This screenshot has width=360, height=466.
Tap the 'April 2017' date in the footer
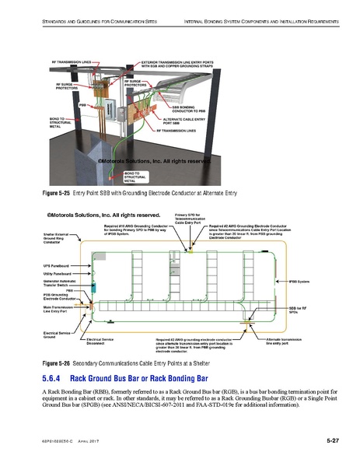pyautogui.click(x=91, y=442)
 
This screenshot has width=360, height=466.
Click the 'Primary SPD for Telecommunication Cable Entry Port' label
pyautogui.click(x=187, y=218)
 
